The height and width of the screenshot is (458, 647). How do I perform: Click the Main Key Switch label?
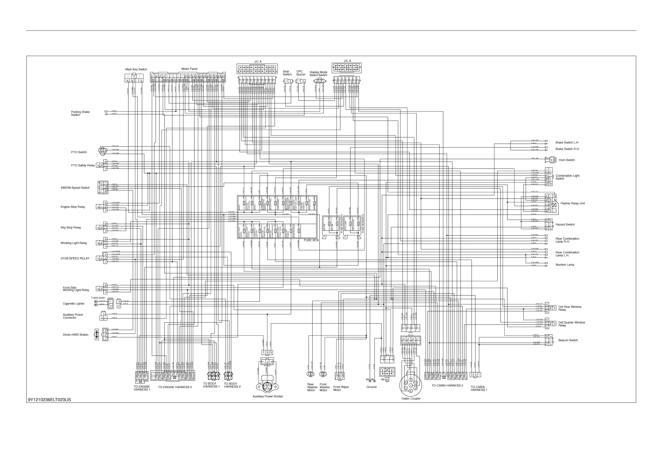point(136,69)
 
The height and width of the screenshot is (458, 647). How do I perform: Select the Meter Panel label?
point(189,69)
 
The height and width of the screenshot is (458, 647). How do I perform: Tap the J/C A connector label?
point(257,61)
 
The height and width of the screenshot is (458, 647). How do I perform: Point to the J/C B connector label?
point(347,61)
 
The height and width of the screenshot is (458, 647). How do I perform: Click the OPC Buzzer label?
point(301,73)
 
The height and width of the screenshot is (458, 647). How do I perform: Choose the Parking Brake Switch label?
point(80,113)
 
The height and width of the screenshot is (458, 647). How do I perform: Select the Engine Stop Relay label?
point(73,207)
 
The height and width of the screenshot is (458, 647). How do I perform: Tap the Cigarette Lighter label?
point(74,304)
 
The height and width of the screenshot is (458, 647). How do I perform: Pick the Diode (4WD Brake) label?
point(76,335)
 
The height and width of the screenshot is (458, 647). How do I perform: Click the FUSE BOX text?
point(311,240)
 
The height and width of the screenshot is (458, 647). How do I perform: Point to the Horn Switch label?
point(567,160)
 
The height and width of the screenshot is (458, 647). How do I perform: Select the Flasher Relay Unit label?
point(573,203)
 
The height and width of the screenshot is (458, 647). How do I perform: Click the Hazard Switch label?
point(565,225)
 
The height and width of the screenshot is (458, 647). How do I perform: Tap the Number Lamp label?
point(565,265)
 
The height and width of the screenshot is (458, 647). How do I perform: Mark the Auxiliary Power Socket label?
point(268,397)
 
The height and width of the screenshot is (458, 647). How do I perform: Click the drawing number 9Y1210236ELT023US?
point(49,400)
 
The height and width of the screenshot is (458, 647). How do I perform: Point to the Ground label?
point(371,387)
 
